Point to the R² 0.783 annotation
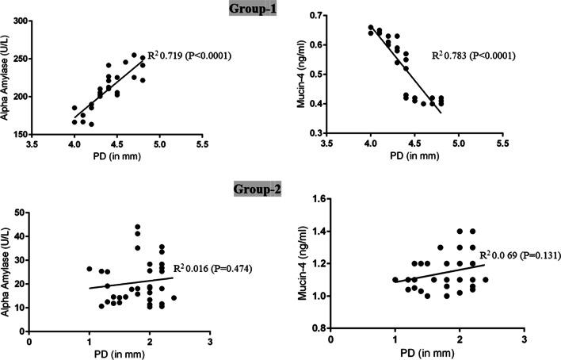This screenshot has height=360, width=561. (473, 56)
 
